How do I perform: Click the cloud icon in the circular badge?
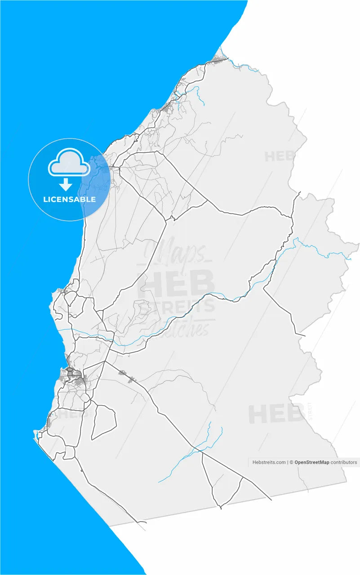point(69,162)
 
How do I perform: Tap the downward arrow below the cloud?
point(66,184)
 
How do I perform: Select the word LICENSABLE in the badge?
point(69,199)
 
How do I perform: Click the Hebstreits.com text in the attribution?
point(269,462)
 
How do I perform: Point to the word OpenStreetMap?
point(311,462)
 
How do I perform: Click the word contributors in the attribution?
point(344,462)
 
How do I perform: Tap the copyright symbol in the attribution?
point(291,462)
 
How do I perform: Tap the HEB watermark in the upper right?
point(279,156)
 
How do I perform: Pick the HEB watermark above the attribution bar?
point(276,414)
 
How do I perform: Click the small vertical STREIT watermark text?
point(310,411)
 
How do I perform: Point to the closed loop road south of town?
point(104,422)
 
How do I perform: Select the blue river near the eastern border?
point(324,252)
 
